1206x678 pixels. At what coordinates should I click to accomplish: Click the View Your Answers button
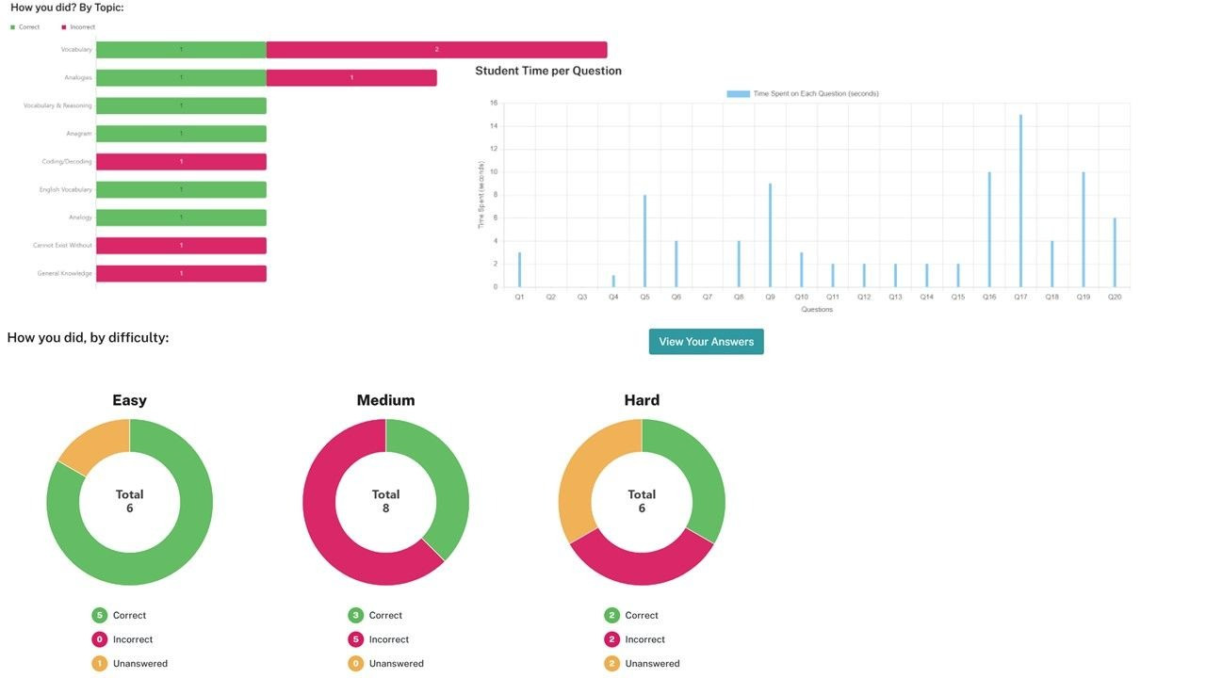706,342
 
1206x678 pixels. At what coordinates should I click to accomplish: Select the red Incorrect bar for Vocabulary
436,50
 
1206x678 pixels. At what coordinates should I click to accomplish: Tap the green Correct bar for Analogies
181,77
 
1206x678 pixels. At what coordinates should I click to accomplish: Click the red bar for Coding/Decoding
181,162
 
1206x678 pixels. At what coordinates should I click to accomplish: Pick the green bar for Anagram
181,134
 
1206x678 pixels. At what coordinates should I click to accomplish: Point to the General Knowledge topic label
64,273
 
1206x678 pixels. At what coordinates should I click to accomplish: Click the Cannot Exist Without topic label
62,246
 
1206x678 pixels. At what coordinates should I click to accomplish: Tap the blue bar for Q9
770,235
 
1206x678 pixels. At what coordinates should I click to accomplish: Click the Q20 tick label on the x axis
1115,297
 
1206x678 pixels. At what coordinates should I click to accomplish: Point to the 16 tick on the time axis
493,103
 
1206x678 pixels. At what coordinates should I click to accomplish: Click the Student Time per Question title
548,71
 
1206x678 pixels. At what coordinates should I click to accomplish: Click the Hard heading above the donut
642,400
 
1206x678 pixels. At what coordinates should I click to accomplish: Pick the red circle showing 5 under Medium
355,639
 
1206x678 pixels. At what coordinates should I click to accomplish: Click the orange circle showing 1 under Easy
99,664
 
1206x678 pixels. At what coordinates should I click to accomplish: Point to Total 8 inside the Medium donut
385,501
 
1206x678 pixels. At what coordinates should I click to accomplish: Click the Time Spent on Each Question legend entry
803,94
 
